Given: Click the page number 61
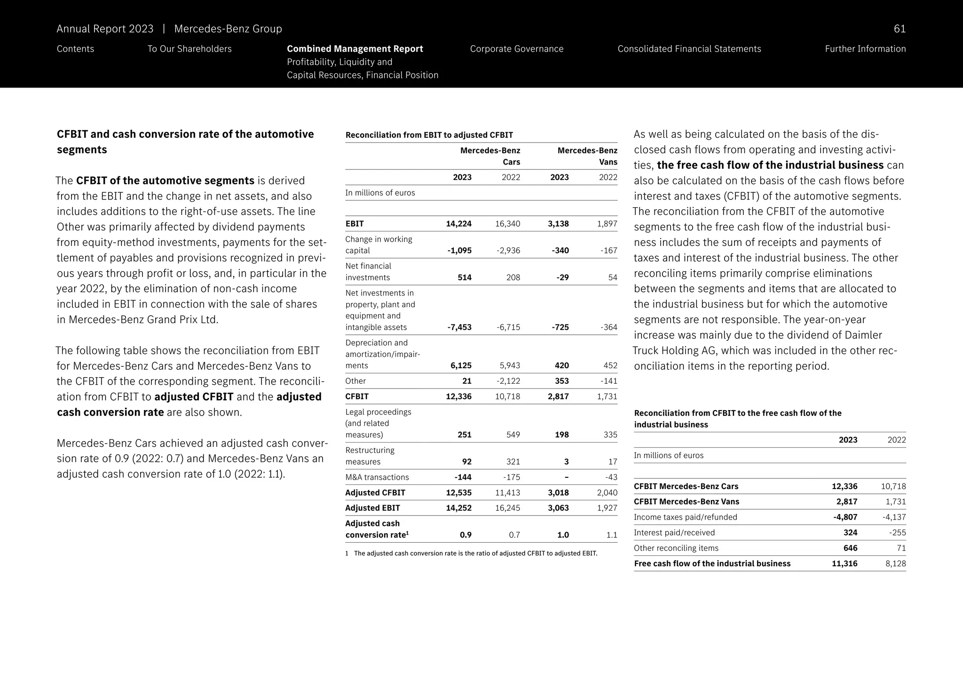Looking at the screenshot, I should [x=899, y=29].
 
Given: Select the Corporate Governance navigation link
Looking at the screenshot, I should [x=516, y=49].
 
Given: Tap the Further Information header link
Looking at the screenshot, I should [x=865, y=49].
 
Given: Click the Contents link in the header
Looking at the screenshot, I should [x=75, y=49].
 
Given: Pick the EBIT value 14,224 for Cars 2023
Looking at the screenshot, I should [x=458, y=224].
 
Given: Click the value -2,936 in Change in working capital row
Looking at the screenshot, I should [x=508, y=251].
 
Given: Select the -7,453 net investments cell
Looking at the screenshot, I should [x=459, y=327].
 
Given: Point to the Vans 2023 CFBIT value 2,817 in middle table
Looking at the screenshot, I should [x=558, y=396].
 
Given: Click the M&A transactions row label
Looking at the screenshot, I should [x=377, y=477].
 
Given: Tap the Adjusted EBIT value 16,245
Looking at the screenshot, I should [x=507, y=508].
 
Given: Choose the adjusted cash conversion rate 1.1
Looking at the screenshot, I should [x=611, y=535].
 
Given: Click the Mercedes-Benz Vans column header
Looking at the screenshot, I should [x=587, y=156].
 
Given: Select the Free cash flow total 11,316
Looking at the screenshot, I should [x=844, y=564].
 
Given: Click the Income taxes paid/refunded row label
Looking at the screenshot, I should [x=685, y=517].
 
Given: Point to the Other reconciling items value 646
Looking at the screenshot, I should [x=850, y=548].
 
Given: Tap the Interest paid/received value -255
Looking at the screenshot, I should [x=897, y=533].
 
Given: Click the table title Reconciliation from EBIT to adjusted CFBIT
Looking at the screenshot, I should [x=429, y=135].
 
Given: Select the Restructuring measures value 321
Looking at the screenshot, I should [x=513, y=462].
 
